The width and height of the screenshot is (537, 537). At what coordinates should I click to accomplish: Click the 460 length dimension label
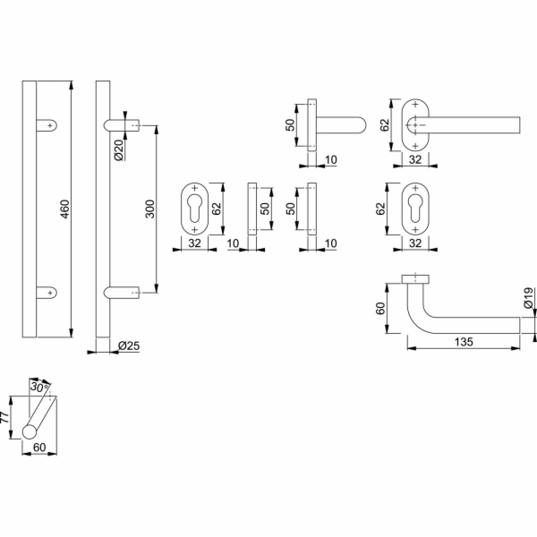(64, 209)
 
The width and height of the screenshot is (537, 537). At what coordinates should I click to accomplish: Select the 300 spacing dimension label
(150, 209)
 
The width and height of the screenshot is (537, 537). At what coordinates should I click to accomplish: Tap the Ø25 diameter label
(129, 345)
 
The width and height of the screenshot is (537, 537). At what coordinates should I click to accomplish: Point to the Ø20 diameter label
(118, 150)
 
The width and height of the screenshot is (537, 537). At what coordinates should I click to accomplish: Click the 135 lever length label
(464, 342)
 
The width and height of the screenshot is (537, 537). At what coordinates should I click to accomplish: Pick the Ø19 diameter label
(528, 297)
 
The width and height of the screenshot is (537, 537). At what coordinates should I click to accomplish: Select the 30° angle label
(39, 388)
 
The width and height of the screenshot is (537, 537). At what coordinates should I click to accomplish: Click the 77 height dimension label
(4, 417)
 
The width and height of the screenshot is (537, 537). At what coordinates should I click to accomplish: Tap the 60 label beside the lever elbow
(380, 308)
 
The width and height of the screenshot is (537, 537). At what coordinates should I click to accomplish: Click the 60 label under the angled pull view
(39, 447)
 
